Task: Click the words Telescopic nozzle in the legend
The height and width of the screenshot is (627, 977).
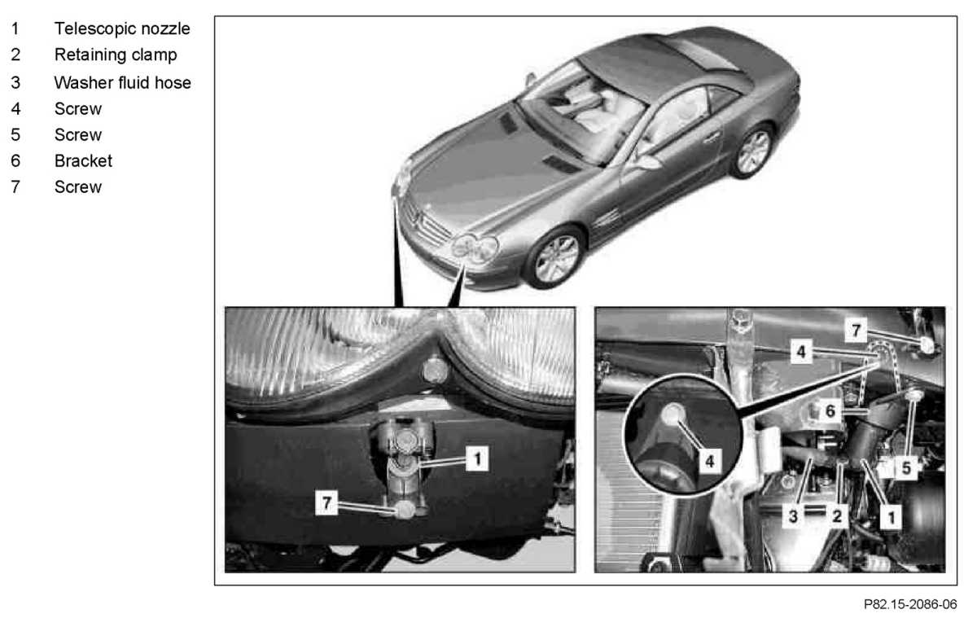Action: coord(122,28)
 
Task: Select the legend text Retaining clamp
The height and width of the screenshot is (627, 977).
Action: coord(116,55)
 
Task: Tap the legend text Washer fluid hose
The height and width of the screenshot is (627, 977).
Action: coord(123,82)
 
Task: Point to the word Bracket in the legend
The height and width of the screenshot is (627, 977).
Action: coord(83,161)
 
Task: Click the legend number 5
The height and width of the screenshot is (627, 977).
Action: coord(15,135)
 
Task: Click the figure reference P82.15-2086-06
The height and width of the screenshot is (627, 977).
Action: coord(910,604)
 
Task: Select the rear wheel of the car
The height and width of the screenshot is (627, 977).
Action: coord(753,151)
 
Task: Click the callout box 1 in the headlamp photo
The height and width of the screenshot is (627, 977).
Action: coord(477,458)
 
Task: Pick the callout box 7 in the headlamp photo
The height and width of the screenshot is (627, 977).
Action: coord(326,502)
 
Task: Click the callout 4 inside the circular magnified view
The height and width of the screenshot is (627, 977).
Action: coord(710,461)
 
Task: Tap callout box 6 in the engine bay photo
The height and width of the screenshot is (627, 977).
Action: coord(830,410)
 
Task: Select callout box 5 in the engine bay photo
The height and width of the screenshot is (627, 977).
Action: coord(906,468)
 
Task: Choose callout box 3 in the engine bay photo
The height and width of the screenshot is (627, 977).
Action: coord(793,516)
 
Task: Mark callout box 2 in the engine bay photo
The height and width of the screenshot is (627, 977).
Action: coord(837,516)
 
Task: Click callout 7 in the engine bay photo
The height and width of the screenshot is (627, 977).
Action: coord(856,331)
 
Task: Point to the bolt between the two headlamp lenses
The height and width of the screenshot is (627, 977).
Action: coord(435,371)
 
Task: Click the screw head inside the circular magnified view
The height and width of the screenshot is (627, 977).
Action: coord(673,414)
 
